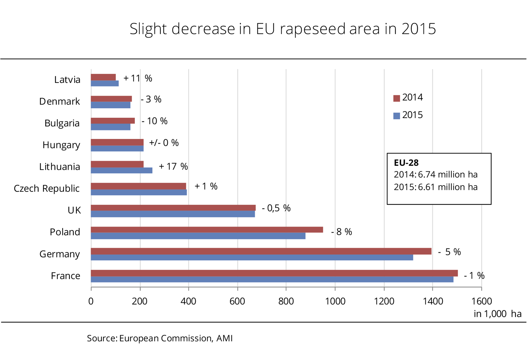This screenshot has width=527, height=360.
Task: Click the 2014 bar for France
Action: click(x=274, y=273)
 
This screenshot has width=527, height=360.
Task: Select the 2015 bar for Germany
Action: click(x=252, y=258)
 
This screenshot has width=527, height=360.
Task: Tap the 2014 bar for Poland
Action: click(x=207, y=230)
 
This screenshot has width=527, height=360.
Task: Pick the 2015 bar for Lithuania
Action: click(x=121, y=170)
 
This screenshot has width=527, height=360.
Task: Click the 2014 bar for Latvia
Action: click(x=103, y=77)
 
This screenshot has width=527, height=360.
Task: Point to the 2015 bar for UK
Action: click(x=173, y=214)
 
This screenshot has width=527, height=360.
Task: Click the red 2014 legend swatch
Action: click(x=397, y=98)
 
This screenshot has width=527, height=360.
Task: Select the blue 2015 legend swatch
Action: click(x=397, y=116)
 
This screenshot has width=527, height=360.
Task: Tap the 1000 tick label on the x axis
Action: click(x=335, y=301)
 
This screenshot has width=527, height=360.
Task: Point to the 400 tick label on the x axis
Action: click(x=188, y=301)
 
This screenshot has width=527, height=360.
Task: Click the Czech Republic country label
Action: click(x=47, y=189)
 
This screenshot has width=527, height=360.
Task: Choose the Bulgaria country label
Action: click(x=62, y=123)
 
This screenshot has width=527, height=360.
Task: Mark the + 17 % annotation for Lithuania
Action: click(x=173, y=166)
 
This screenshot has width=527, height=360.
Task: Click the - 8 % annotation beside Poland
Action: click(x=341, y=232)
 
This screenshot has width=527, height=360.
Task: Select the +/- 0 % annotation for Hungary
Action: click(x=164, y=143)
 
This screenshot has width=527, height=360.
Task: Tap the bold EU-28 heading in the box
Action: click(x=406, y=163)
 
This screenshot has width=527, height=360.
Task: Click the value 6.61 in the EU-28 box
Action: click(x=426, y=187)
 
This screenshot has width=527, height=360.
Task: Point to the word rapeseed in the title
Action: click(x=312, y=29)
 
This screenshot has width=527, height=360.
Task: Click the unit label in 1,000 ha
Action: click(x=497, y=314)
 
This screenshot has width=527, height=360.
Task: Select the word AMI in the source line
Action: click(x=224, y=338)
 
